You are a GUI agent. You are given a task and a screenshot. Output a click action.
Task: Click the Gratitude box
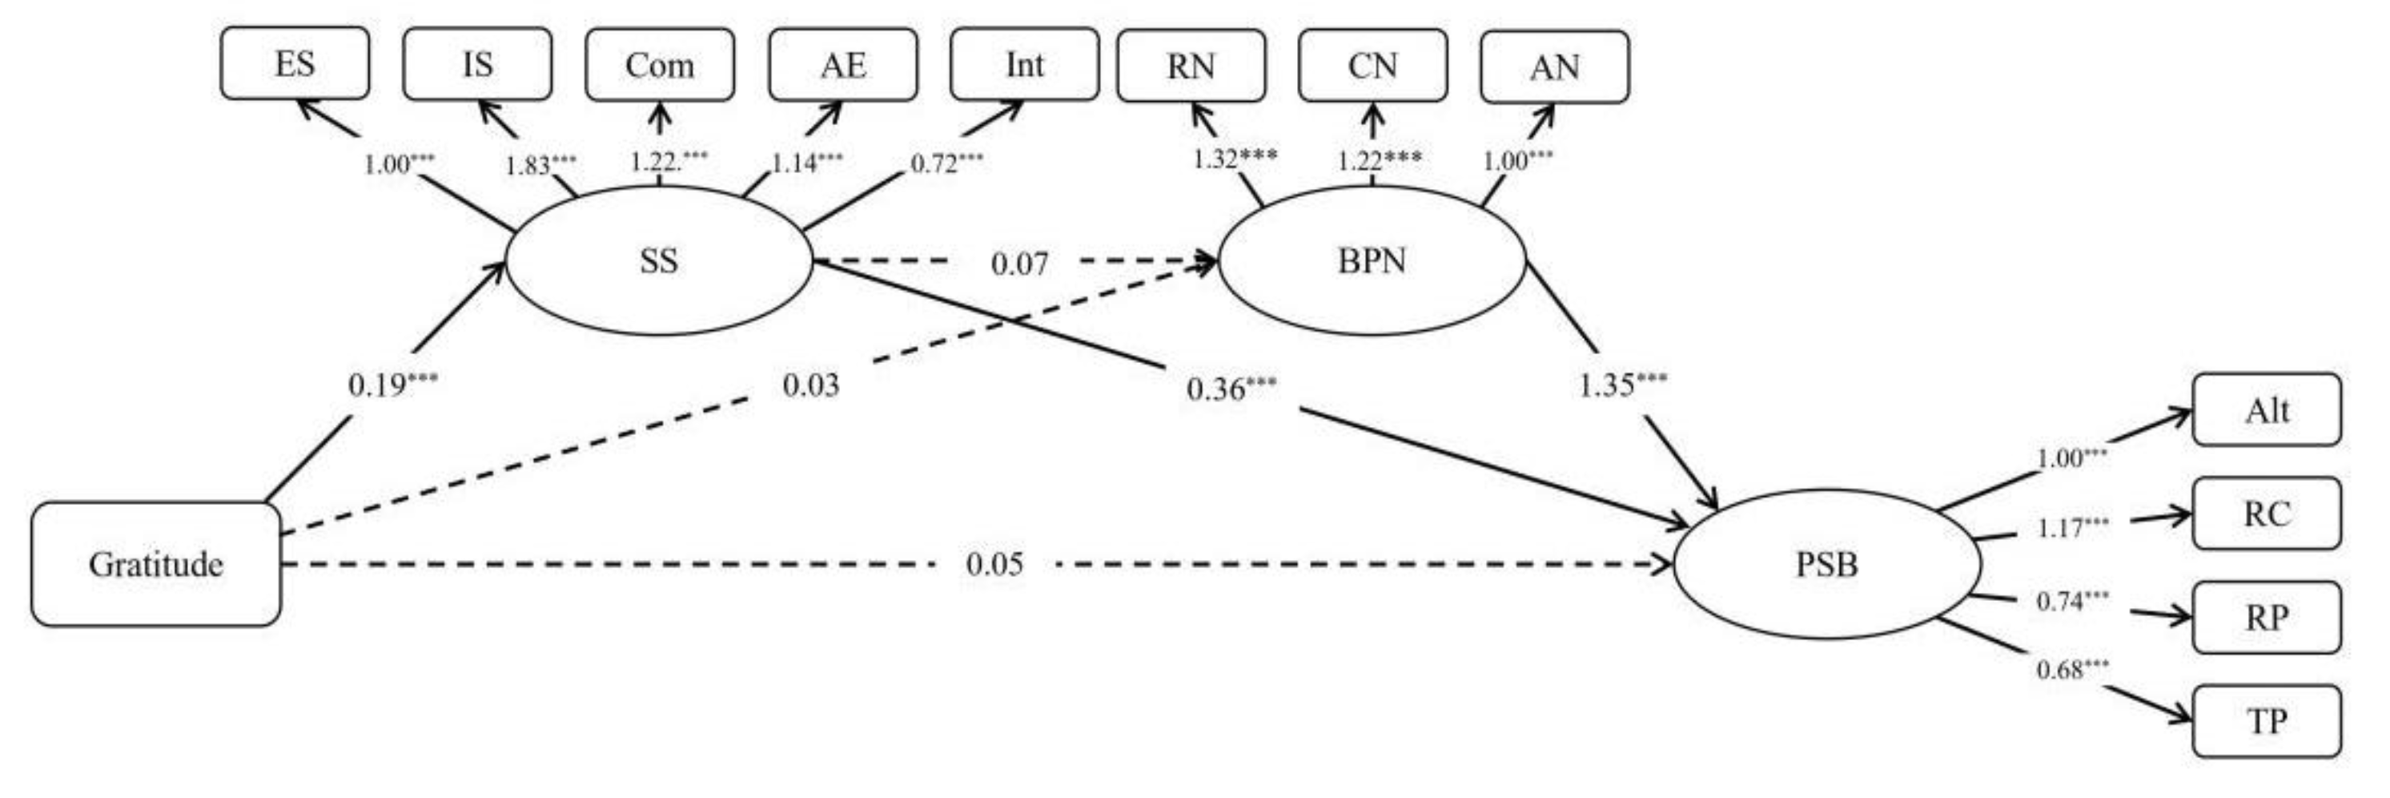click(x=156, y=564)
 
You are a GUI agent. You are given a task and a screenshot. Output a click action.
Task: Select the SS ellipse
click(x=659, y=260)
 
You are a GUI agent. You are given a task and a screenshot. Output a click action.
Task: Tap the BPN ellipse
click(x=1372, y=260)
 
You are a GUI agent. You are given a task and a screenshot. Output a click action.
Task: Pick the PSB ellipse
click(x=1826, y=564)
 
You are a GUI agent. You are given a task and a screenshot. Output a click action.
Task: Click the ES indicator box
click(x=295, y=64)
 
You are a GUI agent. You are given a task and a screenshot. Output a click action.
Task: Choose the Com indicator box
click(x=660, y=65)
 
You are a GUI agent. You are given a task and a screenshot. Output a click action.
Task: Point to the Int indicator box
click(x=1024, y=65)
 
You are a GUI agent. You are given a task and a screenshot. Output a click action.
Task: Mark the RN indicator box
click(x=1191, y=66)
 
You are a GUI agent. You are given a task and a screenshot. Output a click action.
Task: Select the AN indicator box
click(x=1554, y=66)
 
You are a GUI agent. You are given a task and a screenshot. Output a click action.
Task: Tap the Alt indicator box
click(x=2267, y=410)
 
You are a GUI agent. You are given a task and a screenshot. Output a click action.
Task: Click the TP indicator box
click(x=2267, y=721)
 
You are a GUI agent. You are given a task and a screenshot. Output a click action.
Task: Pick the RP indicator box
click(x=2267, y=617)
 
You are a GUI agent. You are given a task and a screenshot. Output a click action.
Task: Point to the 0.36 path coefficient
click(x=1231, y=389)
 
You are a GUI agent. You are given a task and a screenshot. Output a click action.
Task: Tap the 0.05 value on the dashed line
click(x=994, y=564)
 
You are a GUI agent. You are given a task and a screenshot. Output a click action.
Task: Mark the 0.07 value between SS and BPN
click(x=1019, y=264)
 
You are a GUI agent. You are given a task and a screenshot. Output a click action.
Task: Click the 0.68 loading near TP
click(x=2072, y=669)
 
